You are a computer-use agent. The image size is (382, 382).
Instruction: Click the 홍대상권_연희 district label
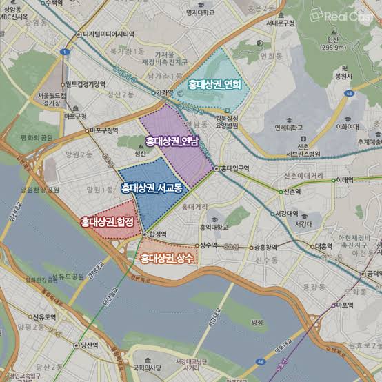coord(214,84)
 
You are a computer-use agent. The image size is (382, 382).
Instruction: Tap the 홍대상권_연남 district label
coord(172,141)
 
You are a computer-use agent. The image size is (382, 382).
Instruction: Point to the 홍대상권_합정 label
coord(107,221)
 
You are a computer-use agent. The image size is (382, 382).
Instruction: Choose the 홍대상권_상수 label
coord(168,259)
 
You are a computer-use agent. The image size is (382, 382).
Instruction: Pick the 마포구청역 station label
coord(103,130)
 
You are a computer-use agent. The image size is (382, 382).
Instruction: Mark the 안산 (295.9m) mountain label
coord(332,43)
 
